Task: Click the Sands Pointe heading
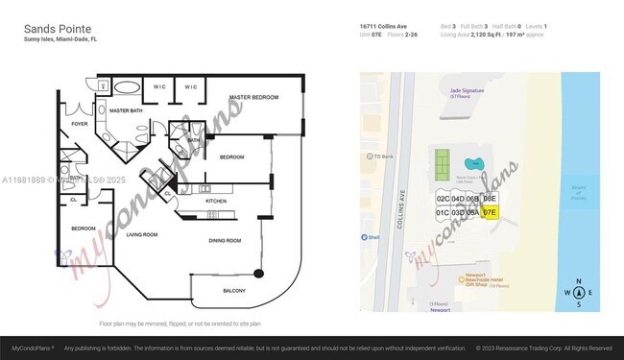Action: point(57,30)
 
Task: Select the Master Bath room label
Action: point(126,111)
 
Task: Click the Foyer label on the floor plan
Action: point(80,124)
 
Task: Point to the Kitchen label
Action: point(215,201)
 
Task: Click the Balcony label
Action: point(234,291)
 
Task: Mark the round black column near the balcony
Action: point(258,271)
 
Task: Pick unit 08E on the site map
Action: point(490,199)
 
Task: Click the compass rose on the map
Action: point(580,293)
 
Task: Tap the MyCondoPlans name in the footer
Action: point(32,348)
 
